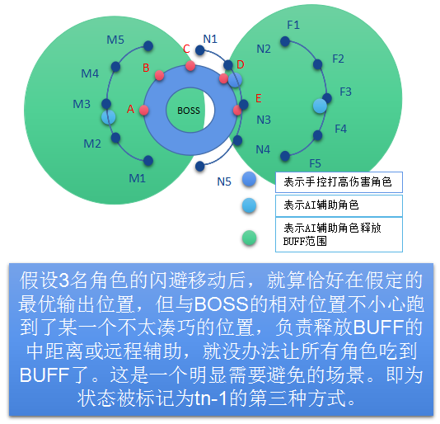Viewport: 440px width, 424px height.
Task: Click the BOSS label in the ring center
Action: coord(189,111)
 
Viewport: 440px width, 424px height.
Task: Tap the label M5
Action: coord(115,40)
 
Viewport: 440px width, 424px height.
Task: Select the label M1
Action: coord(138,178)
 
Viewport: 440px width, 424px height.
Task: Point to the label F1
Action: coord(293,25)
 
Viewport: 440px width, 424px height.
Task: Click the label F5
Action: coord(315,163)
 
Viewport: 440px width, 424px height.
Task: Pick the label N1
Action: coord(210,39)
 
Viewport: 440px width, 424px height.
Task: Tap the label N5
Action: coord(224,181)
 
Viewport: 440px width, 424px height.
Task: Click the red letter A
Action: coord(131,109)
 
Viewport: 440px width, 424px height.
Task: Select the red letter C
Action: coord(186,49)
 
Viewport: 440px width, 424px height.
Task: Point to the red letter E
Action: coord(259,98)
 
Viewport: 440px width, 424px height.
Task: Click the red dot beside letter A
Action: coord(144,111)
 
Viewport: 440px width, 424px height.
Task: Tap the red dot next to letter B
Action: coord(159,75)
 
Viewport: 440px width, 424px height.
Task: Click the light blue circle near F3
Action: coord(320,106)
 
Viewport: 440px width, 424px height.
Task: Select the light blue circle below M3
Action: coord(109,117)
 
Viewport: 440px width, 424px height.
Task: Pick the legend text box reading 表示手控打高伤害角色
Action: coord(339,182)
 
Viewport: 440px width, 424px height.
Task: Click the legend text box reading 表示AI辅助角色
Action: coord(339,205)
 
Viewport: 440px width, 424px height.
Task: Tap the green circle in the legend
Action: coord(249,238)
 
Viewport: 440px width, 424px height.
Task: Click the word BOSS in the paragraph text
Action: coord(222,304)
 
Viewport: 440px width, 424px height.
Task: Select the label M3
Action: coord(82,104)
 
